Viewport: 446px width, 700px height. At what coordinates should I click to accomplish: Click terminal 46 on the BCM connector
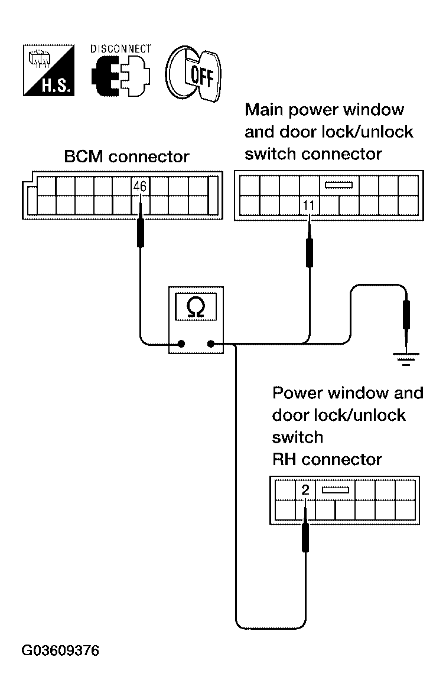pos(140,187)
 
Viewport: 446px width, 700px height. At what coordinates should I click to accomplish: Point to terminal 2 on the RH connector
pos(305,490)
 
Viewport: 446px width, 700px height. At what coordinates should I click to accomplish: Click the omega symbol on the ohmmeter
pos(195,308)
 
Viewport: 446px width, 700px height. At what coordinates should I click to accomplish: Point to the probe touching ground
pos(406,315)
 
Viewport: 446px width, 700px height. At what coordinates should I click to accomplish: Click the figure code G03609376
pos(60,651)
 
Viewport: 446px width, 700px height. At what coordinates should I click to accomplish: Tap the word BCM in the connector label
pos(84,157)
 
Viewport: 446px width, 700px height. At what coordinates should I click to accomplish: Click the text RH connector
pos(327,459)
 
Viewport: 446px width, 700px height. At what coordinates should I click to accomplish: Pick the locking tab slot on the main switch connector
pos(338,185)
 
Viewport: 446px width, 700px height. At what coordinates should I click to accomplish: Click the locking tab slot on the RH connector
pos(335,489)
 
